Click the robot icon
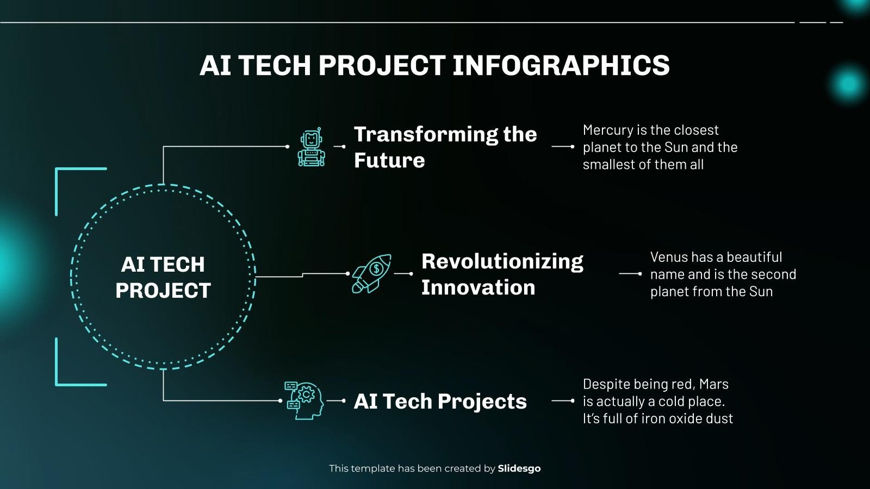(x=312, y=147)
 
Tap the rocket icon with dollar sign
(x=371, y=273)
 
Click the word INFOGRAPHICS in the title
(x=561, y=65)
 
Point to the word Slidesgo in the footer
(x=519, y=468)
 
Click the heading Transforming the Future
(x=445, y=147)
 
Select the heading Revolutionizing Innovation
(x=502, y=274)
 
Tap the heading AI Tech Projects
(x=440, y=402)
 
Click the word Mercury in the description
(x=607, y=130)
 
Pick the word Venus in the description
(x=669, y=257)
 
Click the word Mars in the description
(x=713, y=384)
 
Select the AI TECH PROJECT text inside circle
(x=163, y=277)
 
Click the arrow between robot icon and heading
(x=339, y=147)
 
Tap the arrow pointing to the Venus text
(x=630, y=274)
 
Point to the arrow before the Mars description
(x=563, y=401)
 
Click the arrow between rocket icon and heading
(x=403, y=274)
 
